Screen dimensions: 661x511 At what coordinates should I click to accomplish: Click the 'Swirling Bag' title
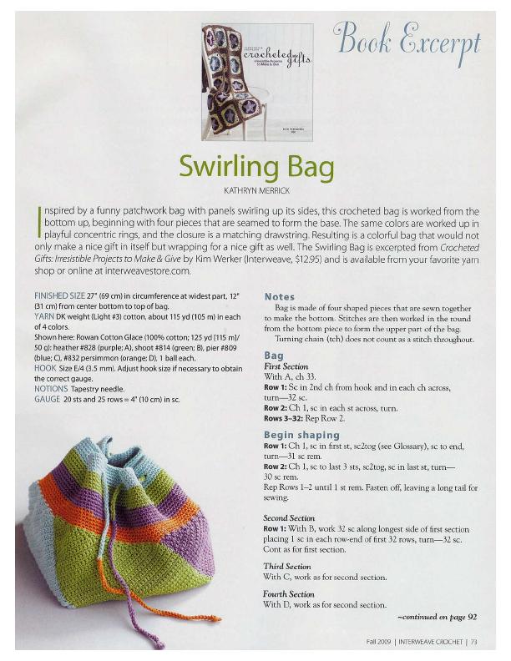pos(255,166)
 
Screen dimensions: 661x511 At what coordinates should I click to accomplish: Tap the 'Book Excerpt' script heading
pos(407,39)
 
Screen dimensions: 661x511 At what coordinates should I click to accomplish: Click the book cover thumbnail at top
pos(256,81)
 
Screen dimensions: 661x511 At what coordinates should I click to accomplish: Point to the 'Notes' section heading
pos(281,296)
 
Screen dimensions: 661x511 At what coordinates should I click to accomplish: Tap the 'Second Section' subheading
pos(289,518)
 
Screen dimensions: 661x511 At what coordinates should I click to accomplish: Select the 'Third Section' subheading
pos(286,566)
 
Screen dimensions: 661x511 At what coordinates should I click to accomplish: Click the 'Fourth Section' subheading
pos(289,594)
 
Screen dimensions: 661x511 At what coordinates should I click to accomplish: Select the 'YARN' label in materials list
pos(45,317)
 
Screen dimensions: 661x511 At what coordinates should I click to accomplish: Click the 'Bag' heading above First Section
pos(273,356)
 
